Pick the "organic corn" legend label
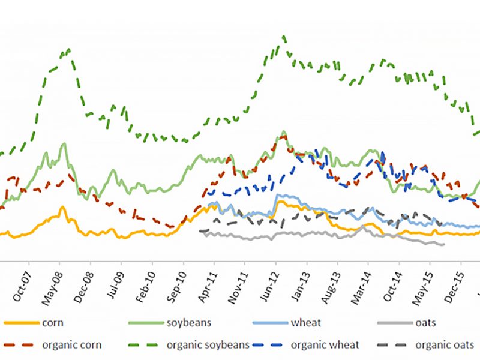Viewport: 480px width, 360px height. point(71,345)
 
